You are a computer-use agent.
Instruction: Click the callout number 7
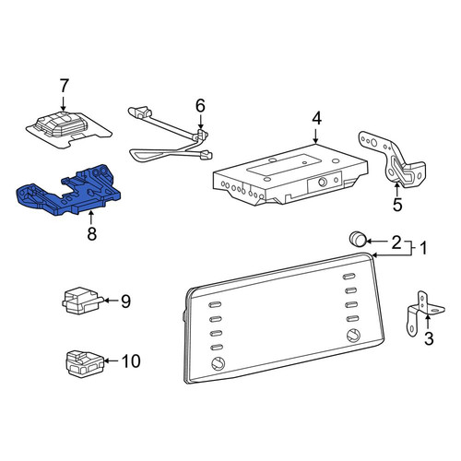(x=64, y=86)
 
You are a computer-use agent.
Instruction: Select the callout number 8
(x=91, y=234)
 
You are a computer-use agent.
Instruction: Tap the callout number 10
(x=131, y=361)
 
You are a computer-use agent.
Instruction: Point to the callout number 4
(x=316, y=119)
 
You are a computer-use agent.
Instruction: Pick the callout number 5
(x=397, y=205)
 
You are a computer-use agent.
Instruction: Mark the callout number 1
(x=423, y=248)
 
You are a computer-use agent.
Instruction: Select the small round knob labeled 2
(x=358, y=239)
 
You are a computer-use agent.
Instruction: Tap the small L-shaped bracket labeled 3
(x=425, y=313)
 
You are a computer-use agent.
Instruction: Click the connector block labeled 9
(x=82, y=301)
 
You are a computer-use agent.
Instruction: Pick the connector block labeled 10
(x=85, y=363)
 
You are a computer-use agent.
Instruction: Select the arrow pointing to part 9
(x=111, y=301)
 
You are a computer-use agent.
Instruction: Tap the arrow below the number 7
(x=63, y=103)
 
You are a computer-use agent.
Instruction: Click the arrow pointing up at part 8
(x=90, y=218)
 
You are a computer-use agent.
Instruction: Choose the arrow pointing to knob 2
(x=377, y=242)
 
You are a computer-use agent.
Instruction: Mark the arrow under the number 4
(x=316, y=136)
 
